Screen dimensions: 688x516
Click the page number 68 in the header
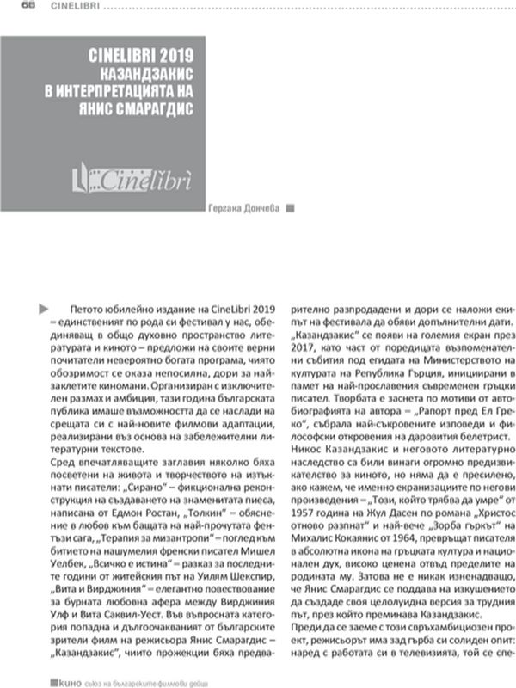(28, 7)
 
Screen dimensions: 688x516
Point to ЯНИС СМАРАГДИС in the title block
(142, 109)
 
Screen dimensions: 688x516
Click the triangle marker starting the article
(44, 306)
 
